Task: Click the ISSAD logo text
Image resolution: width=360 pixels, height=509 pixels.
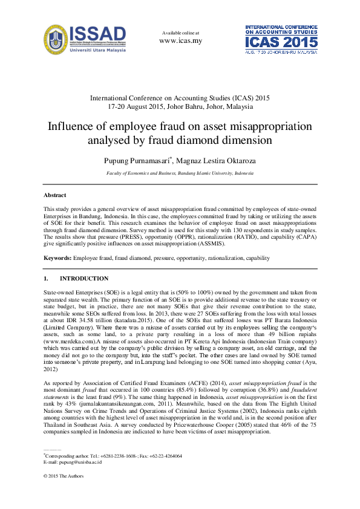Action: (x=98, y=34)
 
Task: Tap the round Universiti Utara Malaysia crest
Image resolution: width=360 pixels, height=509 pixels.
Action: (x=56, y=40)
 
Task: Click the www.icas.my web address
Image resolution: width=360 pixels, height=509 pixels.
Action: (x=180, y=41)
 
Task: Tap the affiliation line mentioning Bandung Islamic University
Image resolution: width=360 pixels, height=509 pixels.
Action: (x=180, y=173)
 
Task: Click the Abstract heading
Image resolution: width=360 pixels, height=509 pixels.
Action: (x=54, y=195)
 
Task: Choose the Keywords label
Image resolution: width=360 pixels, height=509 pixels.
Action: (x=57, y=258)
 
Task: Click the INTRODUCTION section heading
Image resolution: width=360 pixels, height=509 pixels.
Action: (x=84, y=279)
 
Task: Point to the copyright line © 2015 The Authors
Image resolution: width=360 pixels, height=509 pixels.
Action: (x=65, y=478)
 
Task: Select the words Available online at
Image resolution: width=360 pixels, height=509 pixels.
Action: (x=180, y=32)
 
